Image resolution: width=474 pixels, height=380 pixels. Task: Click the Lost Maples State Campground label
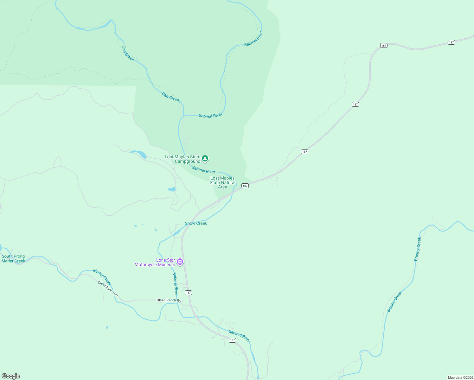point(183,159)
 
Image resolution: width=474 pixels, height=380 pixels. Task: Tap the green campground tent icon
point(205,158)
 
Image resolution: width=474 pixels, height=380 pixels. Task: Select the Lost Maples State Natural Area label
point(222,182)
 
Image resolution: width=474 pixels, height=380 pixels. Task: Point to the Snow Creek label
point(196,223)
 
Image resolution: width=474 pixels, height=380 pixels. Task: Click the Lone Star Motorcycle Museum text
point(155,263)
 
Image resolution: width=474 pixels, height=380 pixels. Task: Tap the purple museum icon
point(180,262)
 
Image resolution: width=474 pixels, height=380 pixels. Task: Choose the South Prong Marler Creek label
point(13,259)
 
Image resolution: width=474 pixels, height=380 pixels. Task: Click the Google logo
point(11,376)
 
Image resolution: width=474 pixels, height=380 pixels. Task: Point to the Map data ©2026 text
point(460,377)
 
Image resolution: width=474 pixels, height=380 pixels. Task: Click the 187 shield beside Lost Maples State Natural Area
point(245,186)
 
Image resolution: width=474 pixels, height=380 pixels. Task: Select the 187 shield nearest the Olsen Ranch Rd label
point(189,293)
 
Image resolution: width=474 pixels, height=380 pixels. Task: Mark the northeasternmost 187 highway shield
point(451,42)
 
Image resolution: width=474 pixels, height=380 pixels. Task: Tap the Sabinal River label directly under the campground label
point(203,170)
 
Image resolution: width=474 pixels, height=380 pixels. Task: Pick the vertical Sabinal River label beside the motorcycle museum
point(176,284)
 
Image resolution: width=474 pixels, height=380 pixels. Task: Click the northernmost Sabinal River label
point(253,39)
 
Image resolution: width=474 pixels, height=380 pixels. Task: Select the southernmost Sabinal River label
point(239,336)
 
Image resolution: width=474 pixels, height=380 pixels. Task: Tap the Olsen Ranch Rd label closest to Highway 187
point(169,300)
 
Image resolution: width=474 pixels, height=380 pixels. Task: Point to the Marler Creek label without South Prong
point(102,277)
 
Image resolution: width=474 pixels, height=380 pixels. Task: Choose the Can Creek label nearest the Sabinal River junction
point(170,97)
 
